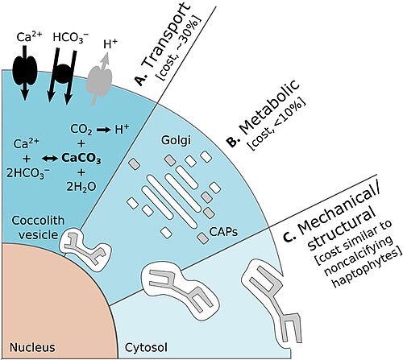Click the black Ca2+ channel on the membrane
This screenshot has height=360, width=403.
pos(24,70)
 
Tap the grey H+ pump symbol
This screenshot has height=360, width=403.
pos(100,81)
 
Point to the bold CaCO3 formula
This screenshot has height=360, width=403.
pos(81,159)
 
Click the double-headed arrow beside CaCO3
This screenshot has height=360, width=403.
pos(50,159)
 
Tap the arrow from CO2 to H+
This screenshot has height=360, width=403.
pos(103,130)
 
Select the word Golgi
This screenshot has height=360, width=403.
pos(177,141)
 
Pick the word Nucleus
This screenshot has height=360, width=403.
pos(32,347)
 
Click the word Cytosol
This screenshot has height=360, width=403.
pos(146,348)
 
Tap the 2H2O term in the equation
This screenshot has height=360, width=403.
pos(81,187)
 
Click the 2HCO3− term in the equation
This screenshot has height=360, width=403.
pos(28,174)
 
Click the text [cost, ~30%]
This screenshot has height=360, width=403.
pos(181,49)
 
